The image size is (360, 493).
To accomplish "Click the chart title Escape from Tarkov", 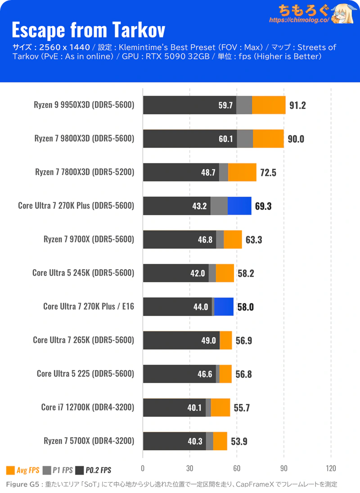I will pyautogui.click(x=88, y=30).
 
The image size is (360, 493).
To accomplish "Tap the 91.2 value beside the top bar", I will pyautogui.click(x=297, y=106).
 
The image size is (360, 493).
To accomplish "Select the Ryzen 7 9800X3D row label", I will pyautogui.click(x=84, y=139).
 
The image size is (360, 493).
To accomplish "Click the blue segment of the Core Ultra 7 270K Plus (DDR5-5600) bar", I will pyautogui.click(x=239, y=206).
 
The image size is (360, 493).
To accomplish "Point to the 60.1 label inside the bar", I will pyautogui.click(x=225, y=139).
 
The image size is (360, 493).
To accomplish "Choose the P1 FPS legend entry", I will pyautogui.click(x=58, y=470).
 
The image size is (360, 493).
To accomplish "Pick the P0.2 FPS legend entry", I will pyautogui.click(x=93, y=470).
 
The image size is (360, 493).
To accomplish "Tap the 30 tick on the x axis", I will pyautogui.click(x=190, y=467).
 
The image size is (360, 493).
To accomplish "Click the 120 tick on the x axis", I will pyautogui.click(x=331, y=467).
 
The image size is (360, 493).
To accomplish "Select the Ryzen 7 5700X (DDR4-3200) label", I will pyautogui.click(x=89, y=441).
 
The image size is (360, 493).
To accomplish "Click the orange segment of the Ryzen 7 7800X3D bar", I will pyautogui.click(x=242, y=172).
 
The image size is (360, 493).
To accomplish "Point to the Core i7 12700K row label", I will pyautogui.click(x=87, y=407).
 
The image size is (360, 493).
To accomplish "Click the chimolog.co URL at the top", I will pyautogui.click(x=299, y=20).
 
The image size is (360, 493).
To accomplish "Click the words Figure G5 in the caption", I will pyautogui.click(x=22, y=484).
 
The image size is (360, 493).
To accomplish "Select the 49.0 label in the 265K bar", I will pyautogui.click(x=209, y=340).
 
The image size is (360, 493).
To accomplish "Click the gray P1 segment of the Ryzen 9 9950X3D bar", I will pyautogui.click(x=244, y=105).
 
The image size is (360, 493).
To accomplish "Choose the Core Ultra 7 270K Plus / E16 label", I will pyautogui.click(x=89, y=307).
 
